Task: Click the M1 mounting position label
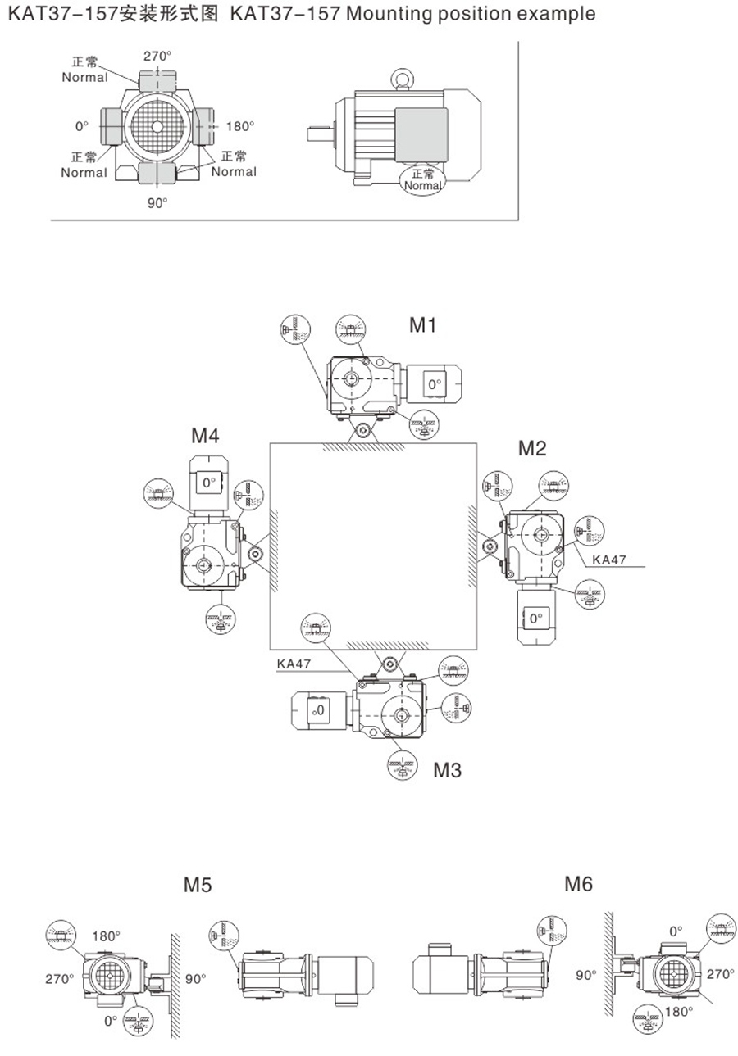pos(422,325)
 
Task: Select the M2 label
pos(532,448)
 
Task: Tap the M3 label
pos(448,770)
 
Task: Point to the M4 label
pos(205,436)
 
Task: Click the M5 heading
pos(198,885)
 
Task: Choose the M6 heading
pos(578,884)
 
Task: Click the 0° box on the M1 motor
pos(434,383)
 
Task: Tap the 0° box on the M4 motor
pos(208,483)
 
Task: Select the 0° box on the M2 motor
pos(536,618)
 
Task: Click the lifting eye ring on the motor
pos(402,79)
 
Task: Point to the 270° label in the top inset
pos(157,56)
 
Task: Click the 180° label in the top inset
pos(240,126)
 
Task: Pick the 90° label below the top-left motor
pos(157,202)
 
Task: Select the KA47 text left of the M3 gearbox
pos(294,664)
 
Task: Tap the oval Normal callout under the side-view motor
pos(423,179)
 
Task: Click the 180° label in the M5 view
pos(106,936)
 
